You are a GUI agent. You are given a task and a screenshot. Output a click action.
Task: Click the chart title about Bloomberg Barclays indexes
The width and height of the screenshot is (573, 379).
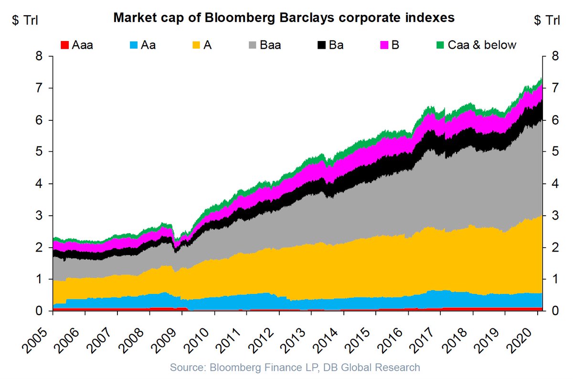(283, 19)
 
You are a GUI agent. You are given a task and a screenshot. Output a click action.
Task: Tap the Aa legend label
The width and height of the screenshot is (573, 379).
(149, 45)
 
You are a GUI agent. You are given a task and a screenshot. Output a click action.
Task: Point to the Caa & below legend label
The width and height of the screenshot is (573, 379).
(482, 45)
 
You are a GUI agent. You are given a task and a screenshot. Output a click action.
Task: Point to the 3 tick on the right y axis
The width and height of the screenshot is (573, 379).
(548, 216)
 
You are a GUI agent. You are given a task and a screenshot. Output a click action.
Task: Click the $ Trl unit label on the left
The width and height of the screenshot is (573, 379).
(25, 20)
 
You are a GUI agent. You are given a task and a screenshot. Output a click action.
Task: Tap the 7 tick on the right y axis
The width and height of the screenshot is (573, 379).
(548, 89)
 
